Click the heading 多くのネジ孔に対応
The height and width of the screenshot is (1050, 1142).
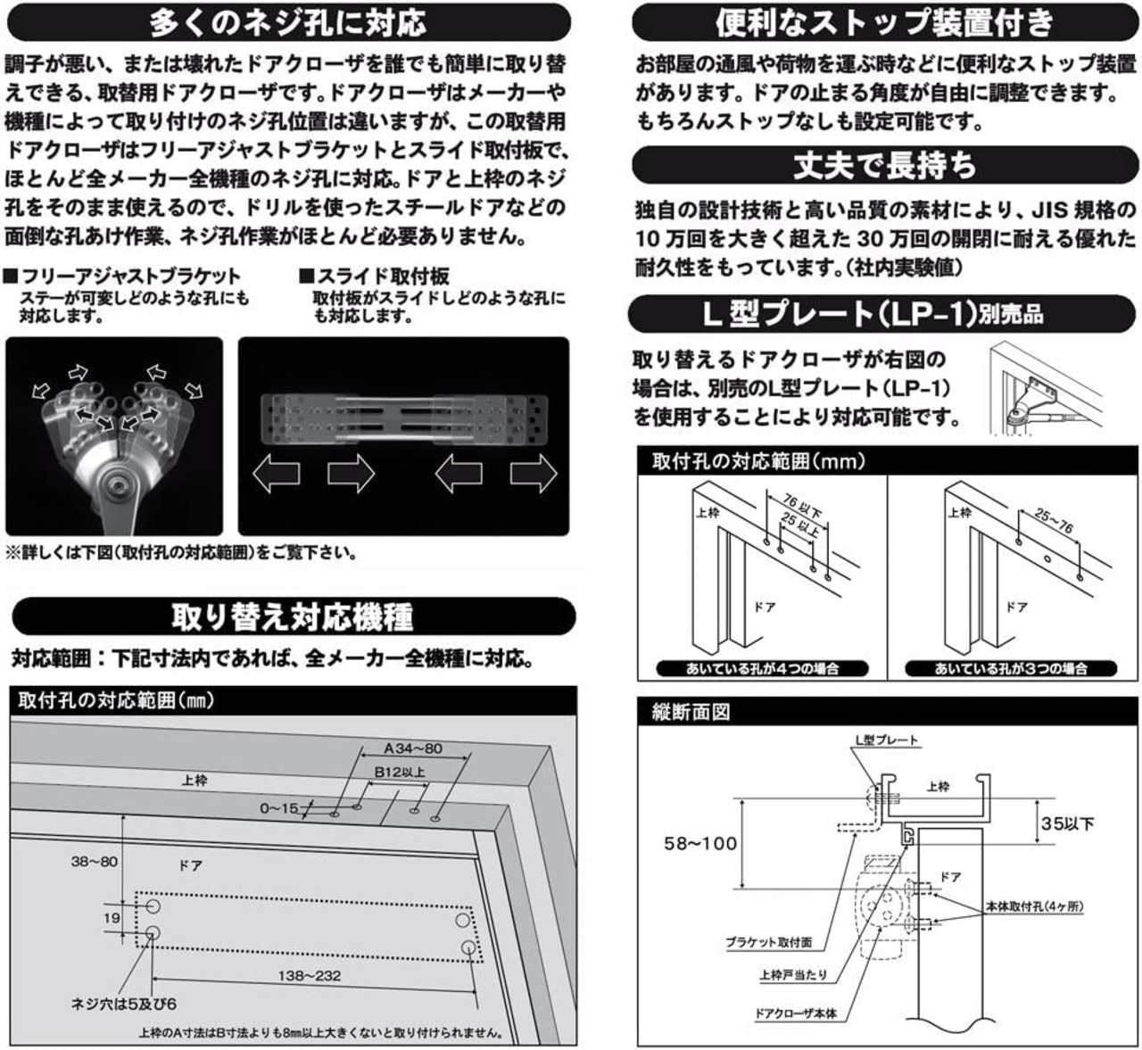pyautogui.click(x=287, y=22)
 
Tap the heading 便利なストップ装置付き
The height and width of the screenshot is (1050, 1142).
pyautogui.click(x=884, y=22)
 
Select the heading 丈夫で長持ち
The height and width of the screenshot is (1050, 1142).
pyautogui.click(x=884, y=165)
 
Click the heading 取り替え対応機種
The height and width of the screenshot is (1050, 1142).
pyautogui.click(x=293, y=616)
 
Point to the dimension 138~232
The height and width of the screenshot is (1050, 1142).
pyautogui.click(x=309, y=976)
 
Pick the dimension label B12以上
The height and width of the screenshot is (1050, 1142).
pyautogui.click(x=399, y=773)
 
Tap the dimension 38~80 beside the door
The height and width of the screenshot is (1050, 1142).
pyautogui.click(x=94, y=862)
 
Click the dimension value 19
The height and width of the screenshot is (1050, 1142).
pyautogui.click(x=111, y=918)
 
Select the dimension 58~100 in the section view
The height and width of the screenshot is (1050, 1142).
pyautogui.click(x=700, y=843)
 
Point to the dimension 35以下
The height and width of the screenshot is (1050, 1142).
pyautogui.click(x=1067, y=823)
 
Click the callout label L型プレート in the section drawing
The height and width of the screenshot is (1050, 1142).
pyautogui.click(x=886, y=740)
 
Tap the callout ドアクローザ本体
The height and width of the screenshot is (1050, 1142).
pyautogui.click(x=796, y=1013)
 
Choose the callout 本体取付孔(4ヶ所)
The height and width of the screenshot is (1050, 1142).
pyautogui.click(x=1035, y=906)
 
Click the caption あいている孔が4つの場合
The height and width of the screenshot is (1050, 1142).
pyautogui.click(x=762, y=668)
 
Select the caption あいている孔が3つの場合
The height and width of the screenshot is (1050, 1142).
pyautogui.click(x=1011, y=668)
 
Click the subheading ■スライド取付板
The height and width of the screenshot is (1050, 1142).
pyautogui.click(x=374, y=277)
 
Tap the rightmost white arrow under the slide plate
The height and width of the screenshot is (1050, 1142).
pyautogui.click(x=533, y=473)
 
